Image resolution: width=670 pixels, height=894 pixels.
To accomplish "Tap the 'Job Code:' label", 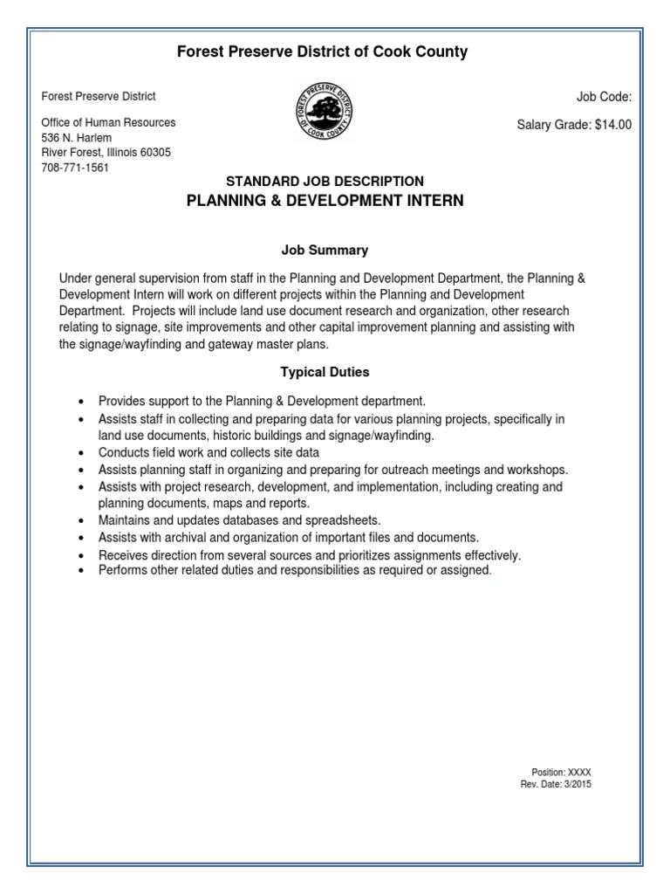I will pos(604,97).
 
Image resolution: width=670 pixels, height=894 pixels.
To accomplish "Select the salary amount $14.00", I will pos(613,125).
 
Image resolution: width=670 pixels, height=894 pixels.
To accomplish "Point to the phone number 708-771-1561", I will pos(75,167).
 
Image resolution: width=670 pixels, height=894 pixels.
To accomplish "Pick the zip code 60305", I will pos(154,153).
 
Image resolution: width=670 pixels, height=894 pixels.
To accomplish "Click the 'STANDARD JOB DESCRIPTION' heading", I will pos(325,182).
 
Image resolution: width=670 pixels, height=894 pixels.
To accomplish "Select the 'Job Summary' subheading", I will pos(325,251).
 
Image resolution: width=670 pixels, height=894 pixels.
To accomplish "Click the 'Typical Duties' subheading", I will pos(325,373).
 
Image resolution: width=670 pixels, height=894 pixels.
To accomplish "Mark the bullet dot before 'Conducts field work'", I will pos(80,454).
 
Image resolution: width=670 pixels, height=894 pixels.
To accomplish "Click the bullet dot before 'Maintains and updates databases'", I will pos(80,521).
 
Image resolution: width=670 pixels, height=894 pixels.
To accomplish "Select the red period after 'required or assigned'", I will pos(492,573).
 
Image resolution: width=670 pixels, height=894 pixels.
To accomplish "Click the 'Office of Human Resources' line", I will pos(108,123).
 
